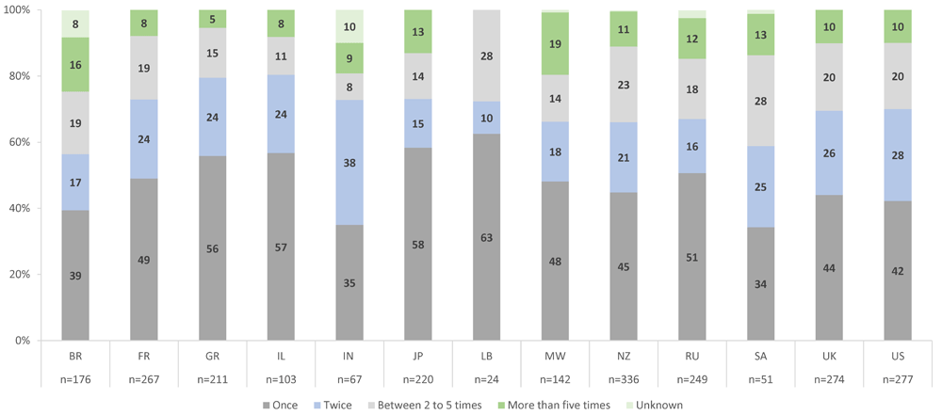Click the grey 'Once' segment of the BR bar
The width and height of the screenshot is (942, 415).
pyautogui.click(x=75, y=276)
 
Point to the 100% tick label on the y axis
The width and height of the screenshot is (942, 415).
pyautogui.click(x=19, y=10)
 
